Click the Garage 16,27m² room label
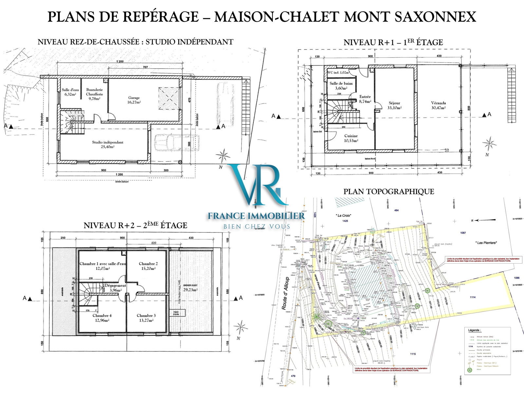coord(134,100)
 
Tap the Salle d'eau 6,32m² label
coord(70,92)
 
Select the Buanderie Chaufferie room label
coord(94,94)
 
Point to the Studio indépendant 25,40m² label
coord(107,144)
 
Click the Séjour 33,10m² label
coord(394,105)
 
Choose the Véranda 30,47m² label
coord(438,105)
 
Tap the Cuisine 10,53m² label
coord(351,138)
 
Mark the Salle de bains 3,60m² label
coord(341,85)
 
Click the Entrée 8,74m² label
coord(365,99)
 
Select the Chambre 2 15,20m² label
coord(148,266)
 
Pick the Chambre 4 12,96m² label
coord(102,318)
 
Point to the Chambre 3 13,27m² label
coord(146,318)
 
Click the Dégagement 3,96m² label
coord(115,288)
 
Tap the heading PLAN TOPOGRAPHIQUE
coord(388,192)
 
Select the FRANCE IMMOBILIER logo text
coord(256,216)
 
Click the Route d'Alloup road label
coord(285,293)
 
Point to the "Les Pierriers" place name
coord(486,243)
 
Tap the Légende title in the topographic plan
coord(474,330)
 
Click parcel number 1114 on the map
coord(472,297)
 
